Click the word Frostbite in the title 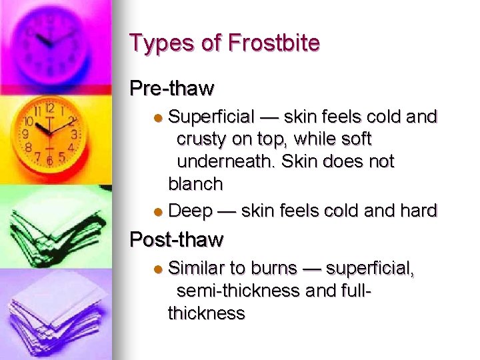coord(273,43)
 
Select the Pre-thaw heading coord(172,88)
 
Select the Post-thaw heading coord(177,239)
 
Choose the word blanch coord(195,183)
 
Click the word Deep coord(190,212)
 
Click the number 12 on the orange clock coord(49,107)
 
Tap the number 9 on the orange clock coord(25,134)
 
